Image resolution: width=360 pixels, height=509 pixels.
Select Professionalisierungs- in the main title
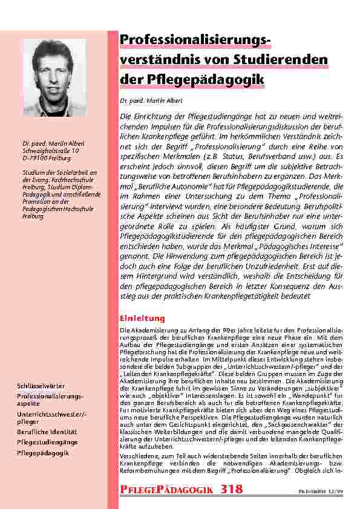[x=194, y=40]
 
